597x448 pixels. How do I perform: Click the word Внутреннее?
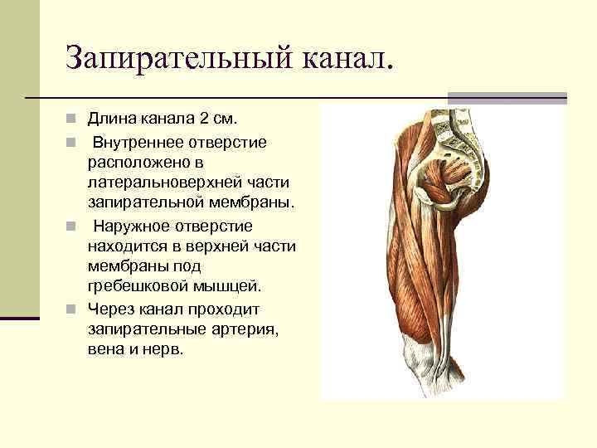[142, 143]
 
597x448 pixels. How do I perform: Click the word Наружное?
[132, 226]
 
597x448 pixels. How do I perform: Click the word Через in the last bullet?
[109, 309]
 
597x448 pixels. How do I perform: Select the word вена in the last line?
[104, 349]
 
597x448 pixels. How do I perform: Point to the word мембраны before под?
[124, 266]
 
